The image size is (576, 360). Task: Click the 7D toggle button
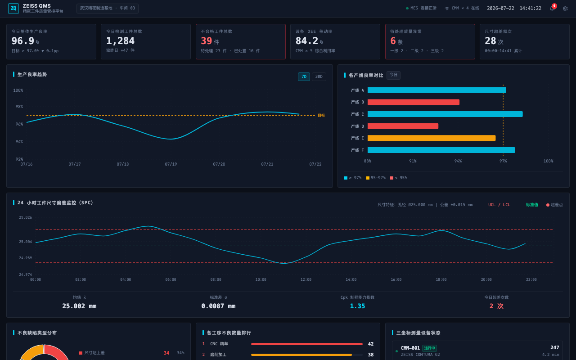304,76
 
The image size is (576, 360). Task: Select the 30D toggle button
319,76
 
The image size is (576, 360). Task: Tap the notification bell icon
552,9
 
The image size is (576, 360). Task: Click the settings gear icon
565,9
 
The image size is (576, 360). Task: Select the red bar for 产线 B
413,102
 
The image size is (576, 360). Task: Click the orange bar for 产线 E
432,138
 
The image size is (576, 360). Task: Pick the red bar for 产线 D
403,126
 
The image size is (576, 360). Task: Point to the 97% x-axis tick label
503,161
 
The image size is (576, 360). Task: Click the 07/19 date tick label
171,164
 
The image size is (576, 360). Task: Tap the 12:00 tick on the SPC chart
306,279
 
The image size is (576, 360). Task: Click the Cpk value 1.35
357,306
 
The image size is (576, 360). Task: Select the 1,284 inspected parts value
120,41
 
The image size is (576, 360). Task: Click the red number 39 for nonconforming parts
206,41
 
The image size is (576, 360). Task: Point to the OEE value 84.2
307,41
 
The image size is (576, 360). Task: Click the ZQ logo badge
13,9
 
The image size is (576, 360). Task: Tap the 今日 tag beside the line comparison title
393,75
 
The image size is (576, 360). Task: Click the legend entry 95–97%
376,178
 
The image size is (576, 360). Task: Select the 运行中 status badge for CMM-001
429,348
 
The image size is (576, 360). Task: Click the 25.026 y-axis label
26,217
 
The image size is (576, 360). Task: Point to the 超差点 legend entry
554,205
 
